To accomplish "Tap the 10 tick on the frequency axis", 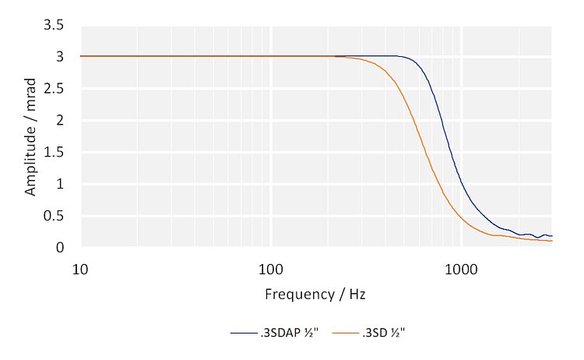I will pos(80,268).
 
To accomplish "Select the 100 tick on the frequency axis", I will pos(271,268).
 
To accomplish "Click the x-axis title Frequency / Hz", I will pos(315,295).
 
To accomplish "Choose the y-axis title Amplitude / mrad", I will pos(31,137).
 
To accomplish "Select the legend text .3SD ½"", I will pos(384,333).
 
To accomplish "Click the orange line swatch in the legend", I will pos(347,334).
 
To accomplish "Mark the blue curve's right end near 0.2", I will pos(551,235).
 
